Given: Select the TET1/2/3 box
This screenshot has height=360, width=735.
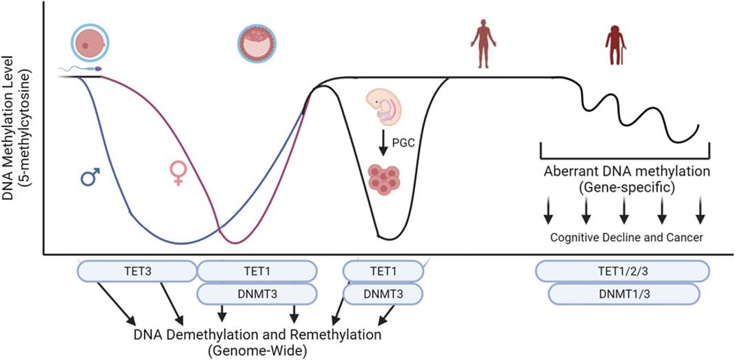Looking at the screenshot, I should (x=623, y=271).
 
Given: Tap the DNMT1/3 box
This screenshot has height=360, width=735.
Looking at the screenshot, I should (x=623, y=294).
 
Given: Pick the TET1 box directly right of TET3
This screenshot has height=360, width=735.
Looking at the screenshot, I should (x=257, y=271).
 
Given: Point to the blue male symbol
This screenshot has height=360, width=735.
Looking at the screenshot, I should (x=90, y=178).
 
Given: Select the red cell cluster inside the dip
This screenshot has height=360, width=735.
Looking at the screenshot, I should (x=385, y=179).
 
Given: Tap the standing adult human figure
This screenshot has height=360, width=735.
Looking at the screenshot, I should (x=483, y=43).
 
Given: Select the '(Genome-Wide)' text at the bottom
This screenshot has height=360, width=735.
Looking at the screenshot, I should (x=257, y=350).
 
